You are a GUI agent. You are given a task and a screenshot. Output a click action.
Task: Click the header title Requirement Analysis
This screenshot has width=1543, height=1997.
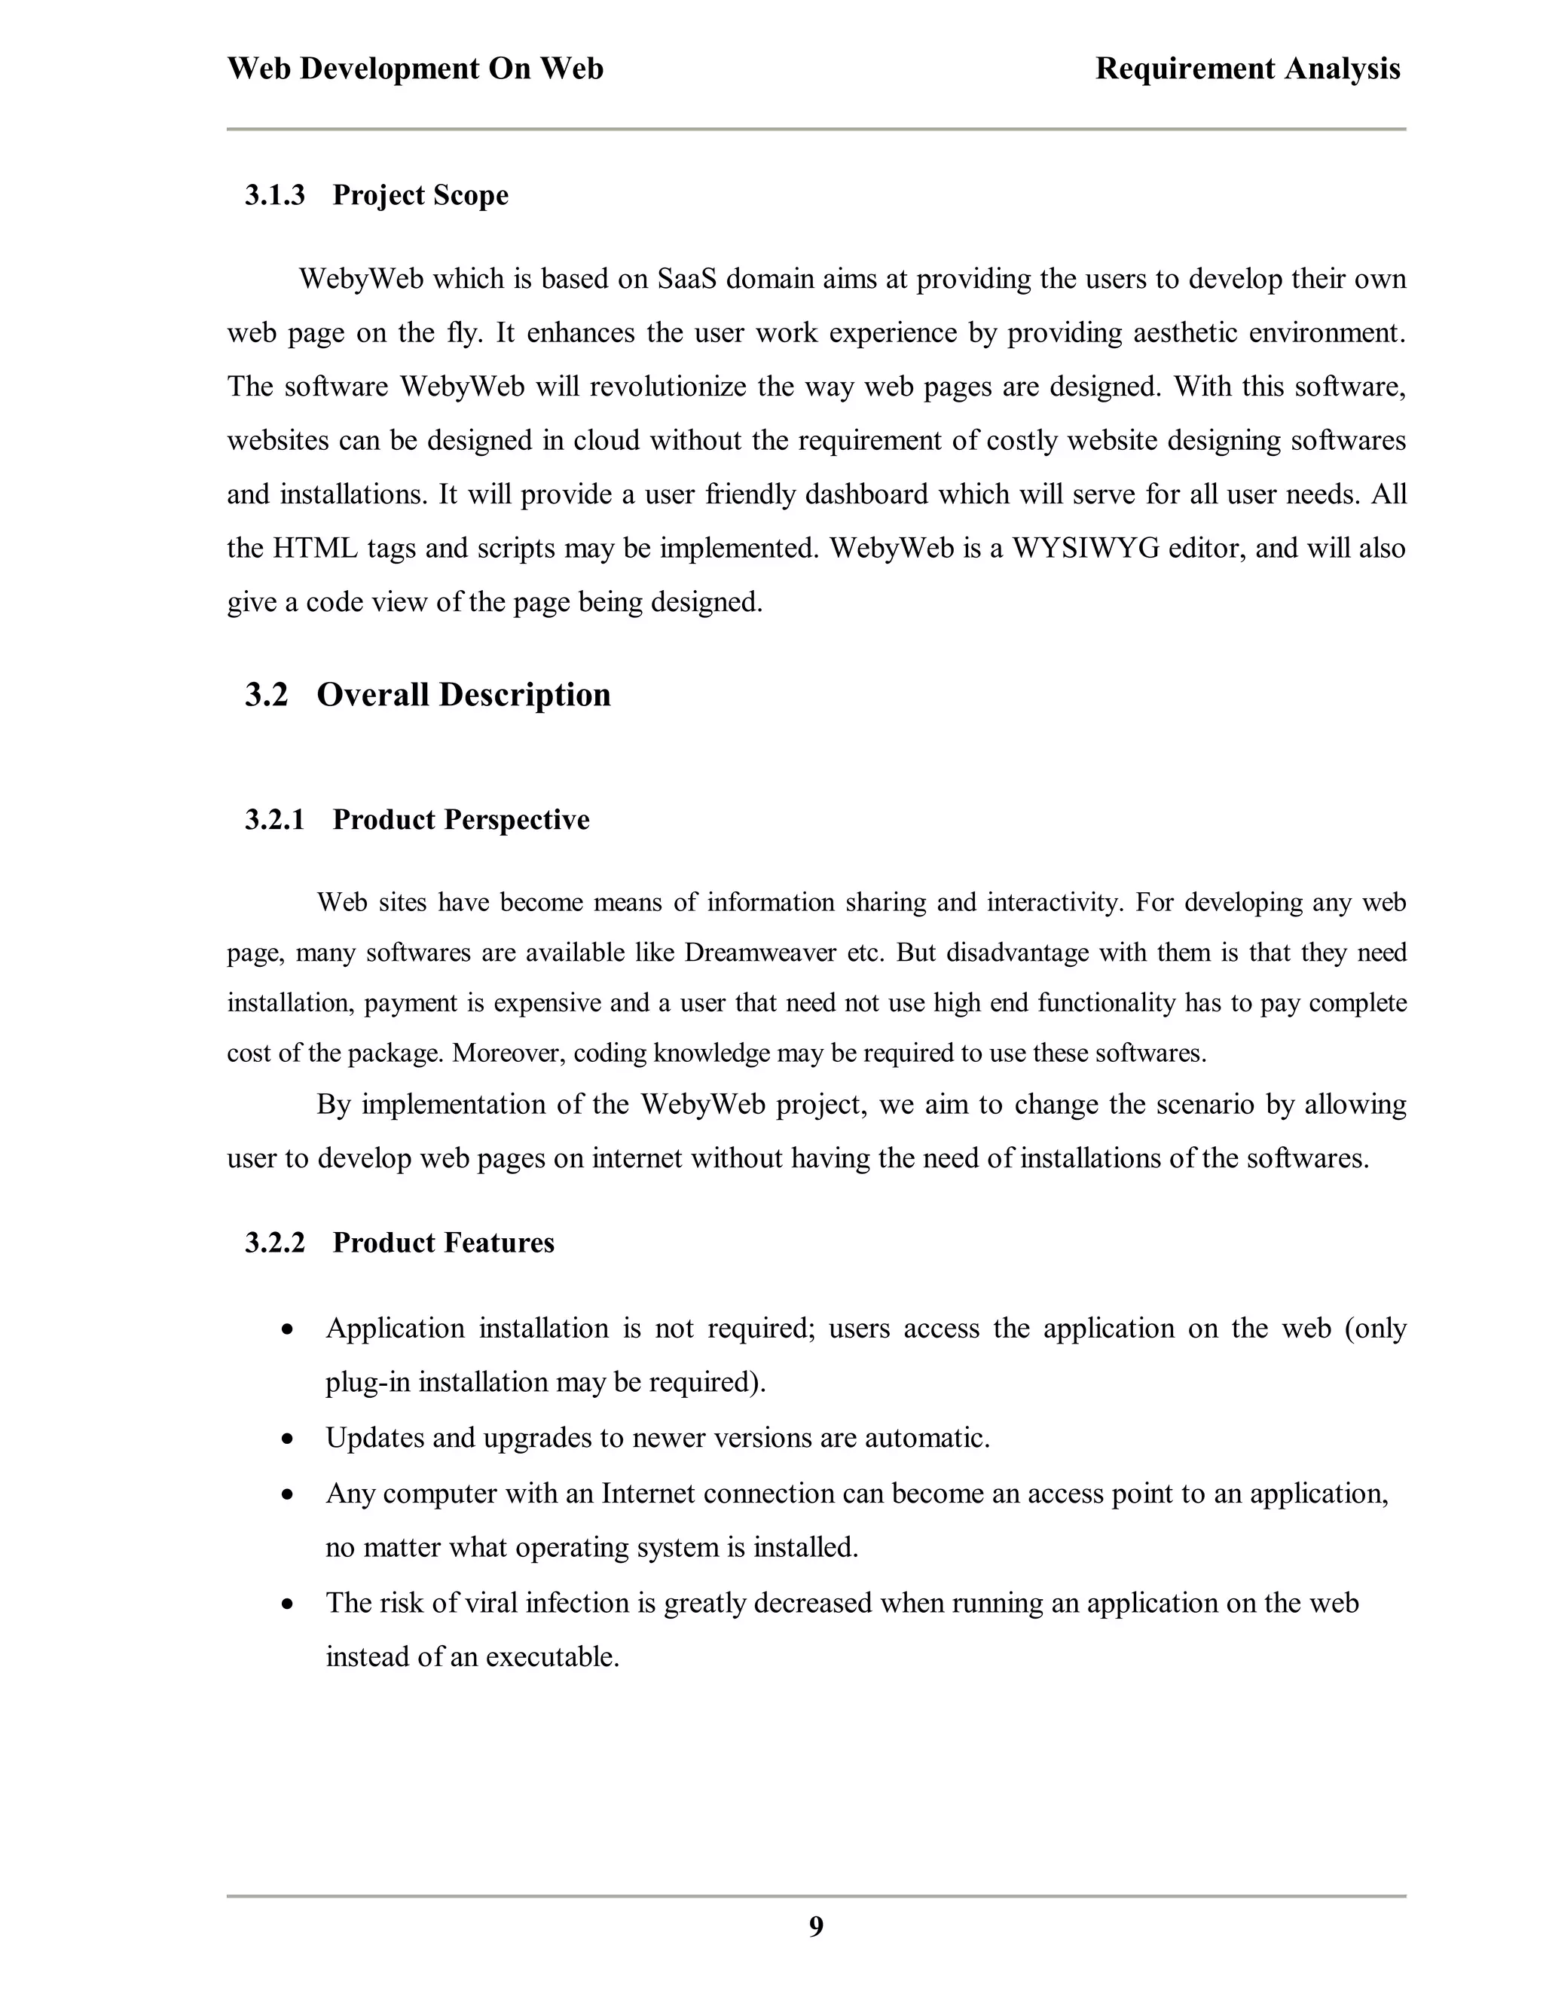1247,69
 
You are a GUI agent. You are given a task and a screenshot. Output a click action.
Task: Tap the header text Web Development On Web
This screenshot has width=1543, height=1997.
415,69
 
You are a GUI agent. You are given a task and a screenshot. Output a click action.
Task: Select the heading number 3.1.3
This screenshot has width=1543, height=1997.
274,196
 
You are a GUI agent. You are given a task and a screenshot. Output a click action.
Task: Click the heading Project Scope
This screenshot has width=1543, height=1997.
420,196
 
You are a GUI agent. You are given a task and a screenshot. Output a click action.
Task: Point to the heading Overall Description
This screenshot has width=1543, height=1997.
463,695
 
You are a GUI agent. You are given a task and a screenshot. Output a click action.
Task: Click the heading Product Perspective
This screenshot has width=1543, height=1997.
460,820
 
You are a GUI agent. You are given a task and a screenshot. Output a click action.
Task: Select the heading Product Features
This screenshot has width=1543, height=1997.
443,1243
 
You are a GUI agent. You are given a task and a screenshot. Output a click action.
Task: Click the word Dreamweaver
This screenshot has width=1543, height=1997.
759,953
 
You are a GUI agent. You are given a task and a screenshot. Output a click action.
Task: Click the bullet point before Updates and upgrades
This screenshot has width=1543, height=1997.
288,1439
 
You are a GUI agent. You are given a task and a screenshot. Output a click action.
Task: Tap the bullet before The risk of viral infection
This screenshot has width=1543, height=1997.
288,1604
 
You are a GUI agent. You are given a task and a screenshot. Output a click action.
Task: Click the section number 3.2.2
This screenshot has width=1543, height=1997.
274,1243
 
